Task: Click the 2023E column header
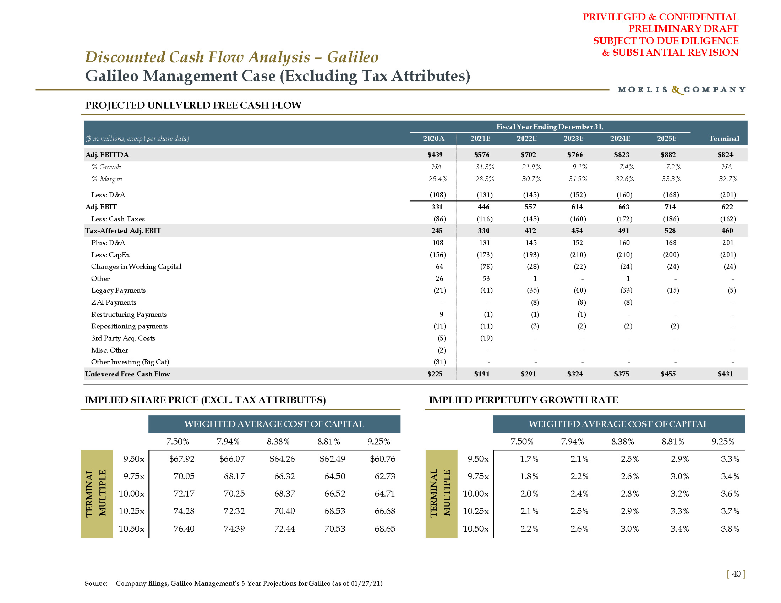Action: tap(573, 139)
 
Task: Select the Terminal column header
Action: tap(724, 139)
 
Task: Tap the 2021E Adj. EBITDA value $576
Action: tap(482, 155)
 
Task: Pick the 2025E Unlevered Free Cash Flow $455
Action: tap(668, 374)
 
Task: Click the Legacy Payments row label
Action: tap(118, 291)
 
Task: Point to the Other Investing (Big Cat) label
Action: tap(130, 362)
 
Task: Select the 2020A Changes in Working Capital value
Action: tap(439, 266)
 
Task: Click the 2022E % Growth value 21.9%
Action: tap(531, 167)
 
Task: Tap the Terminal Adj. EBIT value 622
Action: tap(727, 207)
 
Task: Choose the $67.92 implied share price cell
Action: tap(182, 459)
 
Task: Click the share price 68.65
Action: tap(385, 529)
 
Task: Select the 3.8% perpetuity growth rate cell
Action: tap(730, 529)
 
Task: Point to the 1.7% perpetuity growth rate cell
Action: tap(529, 459)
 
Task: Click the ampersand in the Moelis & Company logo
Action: tap(676, 90)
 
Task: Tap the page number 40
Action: tap(736, 574)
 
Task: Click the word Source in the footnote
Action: tap(95, 583)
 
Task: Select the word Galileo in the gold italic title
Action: tap(353, 57)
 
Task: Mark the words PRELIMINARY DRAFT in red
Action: tap(683, 29)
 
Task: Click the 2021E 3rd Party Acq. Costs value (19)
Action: tap(486, 338)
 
